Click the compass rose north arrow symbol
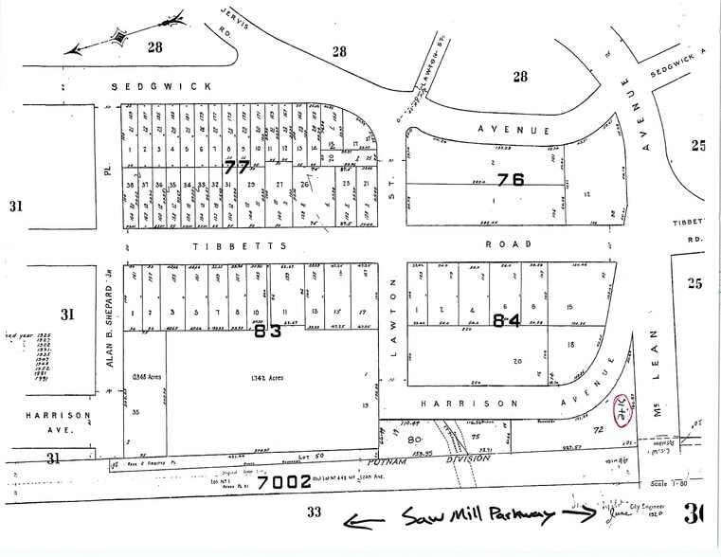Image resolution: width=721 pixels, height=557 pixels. click(x=120, y=37)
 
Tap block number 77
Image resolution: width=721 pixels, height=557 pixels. click(x=237, y=167)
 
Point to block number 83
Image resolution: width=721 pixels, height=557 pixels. click(x=269, y=332)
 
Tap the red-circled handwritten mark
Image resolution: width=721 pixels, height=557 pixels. click(x=623, y=409)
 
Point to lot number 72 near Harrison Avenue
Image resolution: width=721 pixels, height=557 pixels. click(x=598, y=430)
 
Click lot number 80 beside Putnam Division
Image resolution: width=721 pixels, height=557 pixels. click(x=413, y=440)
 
